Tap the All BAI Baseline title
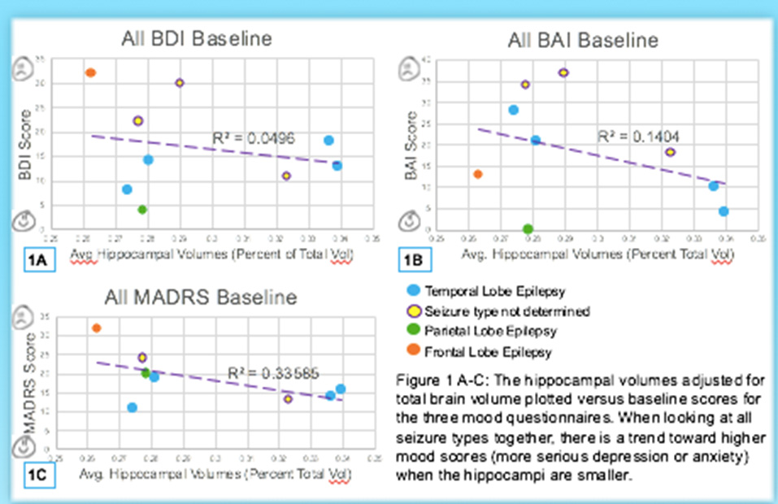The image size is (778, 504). (x=584, y=39)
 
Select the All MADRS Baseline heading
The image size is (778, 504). (x=198, y=297)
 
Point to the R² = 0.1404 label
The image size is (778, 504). (x=637, y=135)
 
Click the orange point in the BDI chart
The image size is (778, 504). (x=91, y=72)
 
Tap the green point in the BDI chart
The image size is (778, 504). (x=142, y=210)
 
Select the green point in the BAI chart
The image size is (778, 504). (x=528, y=229)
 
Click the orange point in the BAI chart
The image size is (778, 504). (x=478, y=174)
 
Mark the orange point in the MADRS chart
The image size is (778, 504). (x=96, y=328)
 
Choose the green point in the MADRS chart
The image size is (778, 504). (x=146, y=373)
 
